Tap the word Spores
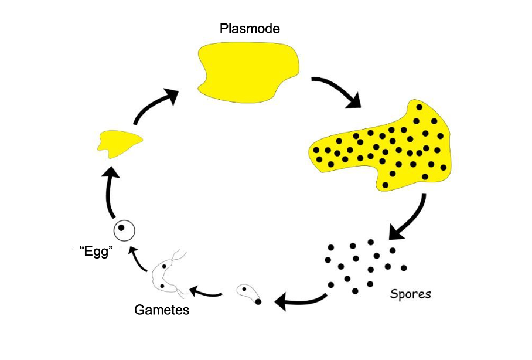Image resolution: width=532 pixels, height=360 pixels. click(410, 293)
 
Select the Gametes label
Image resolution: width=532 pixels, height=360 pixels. click(162, 310)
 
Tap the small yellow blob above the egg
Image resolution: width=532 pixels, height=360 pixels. click(119, 143)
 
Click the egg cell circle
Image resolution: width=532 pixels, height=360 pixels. click(124, 229)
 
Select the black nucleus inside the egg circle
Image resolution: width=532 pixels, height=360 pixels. click(122, 227)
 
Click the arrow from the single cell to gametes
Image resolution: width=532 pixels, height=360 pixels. click(205, 291)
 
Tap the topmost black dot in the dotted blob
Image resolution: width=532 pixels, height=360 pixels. click(419, 107)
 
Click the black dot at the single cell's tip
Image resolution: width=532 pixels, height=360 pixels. click(258, 301)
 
